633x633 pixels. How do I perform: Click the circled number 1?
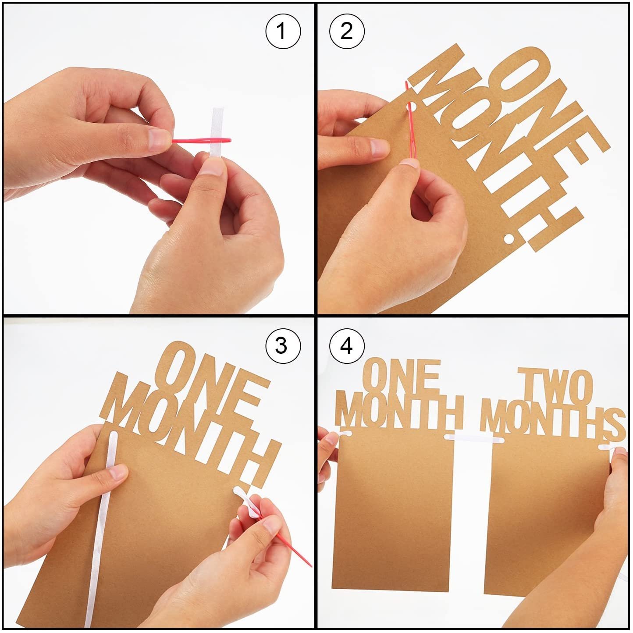283,32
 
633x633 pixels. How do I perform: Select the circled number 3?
283,346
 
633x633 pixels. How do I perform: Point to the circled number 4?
347,346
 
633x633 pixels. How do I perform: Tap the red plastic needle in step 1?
202,141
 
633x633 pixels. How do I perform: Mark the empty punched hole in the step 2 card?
509,238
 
